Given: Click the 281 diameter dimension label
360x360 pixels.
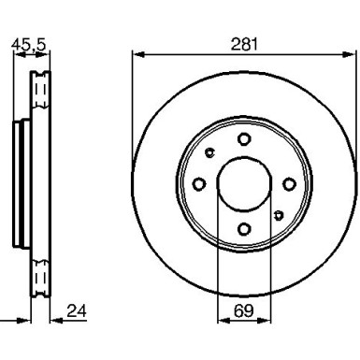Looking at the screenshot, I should (x=244, y=43).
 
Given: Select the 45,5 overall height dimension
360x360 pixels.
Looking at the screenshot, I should (x=26, y=43).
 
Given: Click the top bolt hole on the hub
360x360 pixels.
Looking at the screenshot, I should (x=243, y=140).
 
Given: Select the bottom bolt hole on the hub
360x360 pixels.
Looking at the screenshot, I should (x=243, y=227).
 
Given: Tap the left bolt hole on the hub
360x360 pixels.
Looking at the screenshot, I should (x=200, y=184).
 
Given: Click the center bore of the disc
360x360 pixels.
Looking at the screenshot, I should (x=243, y=184).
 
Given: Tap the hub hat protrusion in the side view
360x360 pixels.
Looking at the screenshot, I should (x=20, y=184).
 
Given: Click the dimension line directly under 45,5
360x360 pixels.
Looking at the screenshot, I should (x=28, y=54).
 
